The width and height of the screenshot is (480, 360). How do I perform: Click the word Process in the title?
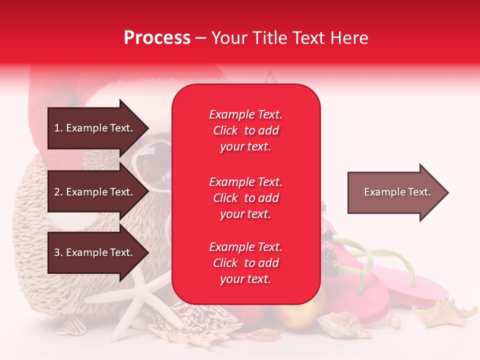(157, 37)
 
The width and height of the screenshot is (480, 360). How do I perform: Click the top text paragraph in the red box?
(245, 130)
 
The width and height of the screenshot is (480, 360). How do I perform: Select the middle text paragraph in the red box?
(245, 198)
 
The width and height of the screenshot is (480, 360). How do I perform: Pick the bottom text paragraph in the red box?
(245, 263)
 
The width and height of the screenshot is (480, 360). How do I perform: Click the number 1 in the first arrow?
(56, 128)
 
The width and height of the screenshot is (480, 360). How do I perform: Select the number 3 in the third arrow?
(57, 252)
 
